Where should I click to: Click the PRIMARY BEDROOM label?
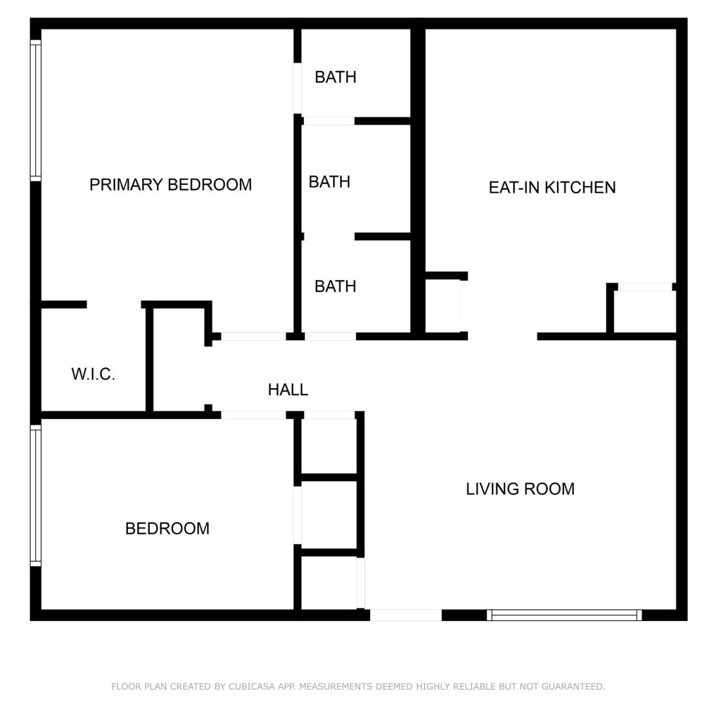pos(171,184)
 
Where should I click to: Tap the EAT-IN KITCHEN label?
pos(552,187)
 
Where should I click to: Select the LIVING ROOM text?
pos(520,489)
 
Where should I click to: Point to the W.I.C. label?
pos(94,374)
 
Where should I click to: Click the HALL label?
pos(288,390)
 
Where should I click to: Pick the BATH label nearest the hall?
pos(335,286)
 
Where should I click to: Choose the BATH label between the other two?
pos(329,182)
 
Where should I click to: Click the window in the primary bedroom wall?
pos(36,111)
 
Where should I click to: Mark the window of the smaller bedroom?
pos(36,495)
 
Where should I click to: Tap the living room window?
pos(564,615)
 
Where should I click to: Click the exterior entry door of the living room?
pos(406,615)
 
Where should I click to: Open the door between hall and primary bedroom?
pos(254,336)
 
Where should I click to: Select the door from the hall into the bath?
pos(330,336)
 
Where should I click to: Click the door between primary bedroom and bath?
pos(297,88)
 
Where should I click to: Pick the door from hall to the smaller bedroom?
pos(254,415)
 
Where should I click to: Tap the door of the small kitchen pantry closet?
pos(464,306)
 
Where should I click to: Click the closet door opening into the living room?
pos(360,583)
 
